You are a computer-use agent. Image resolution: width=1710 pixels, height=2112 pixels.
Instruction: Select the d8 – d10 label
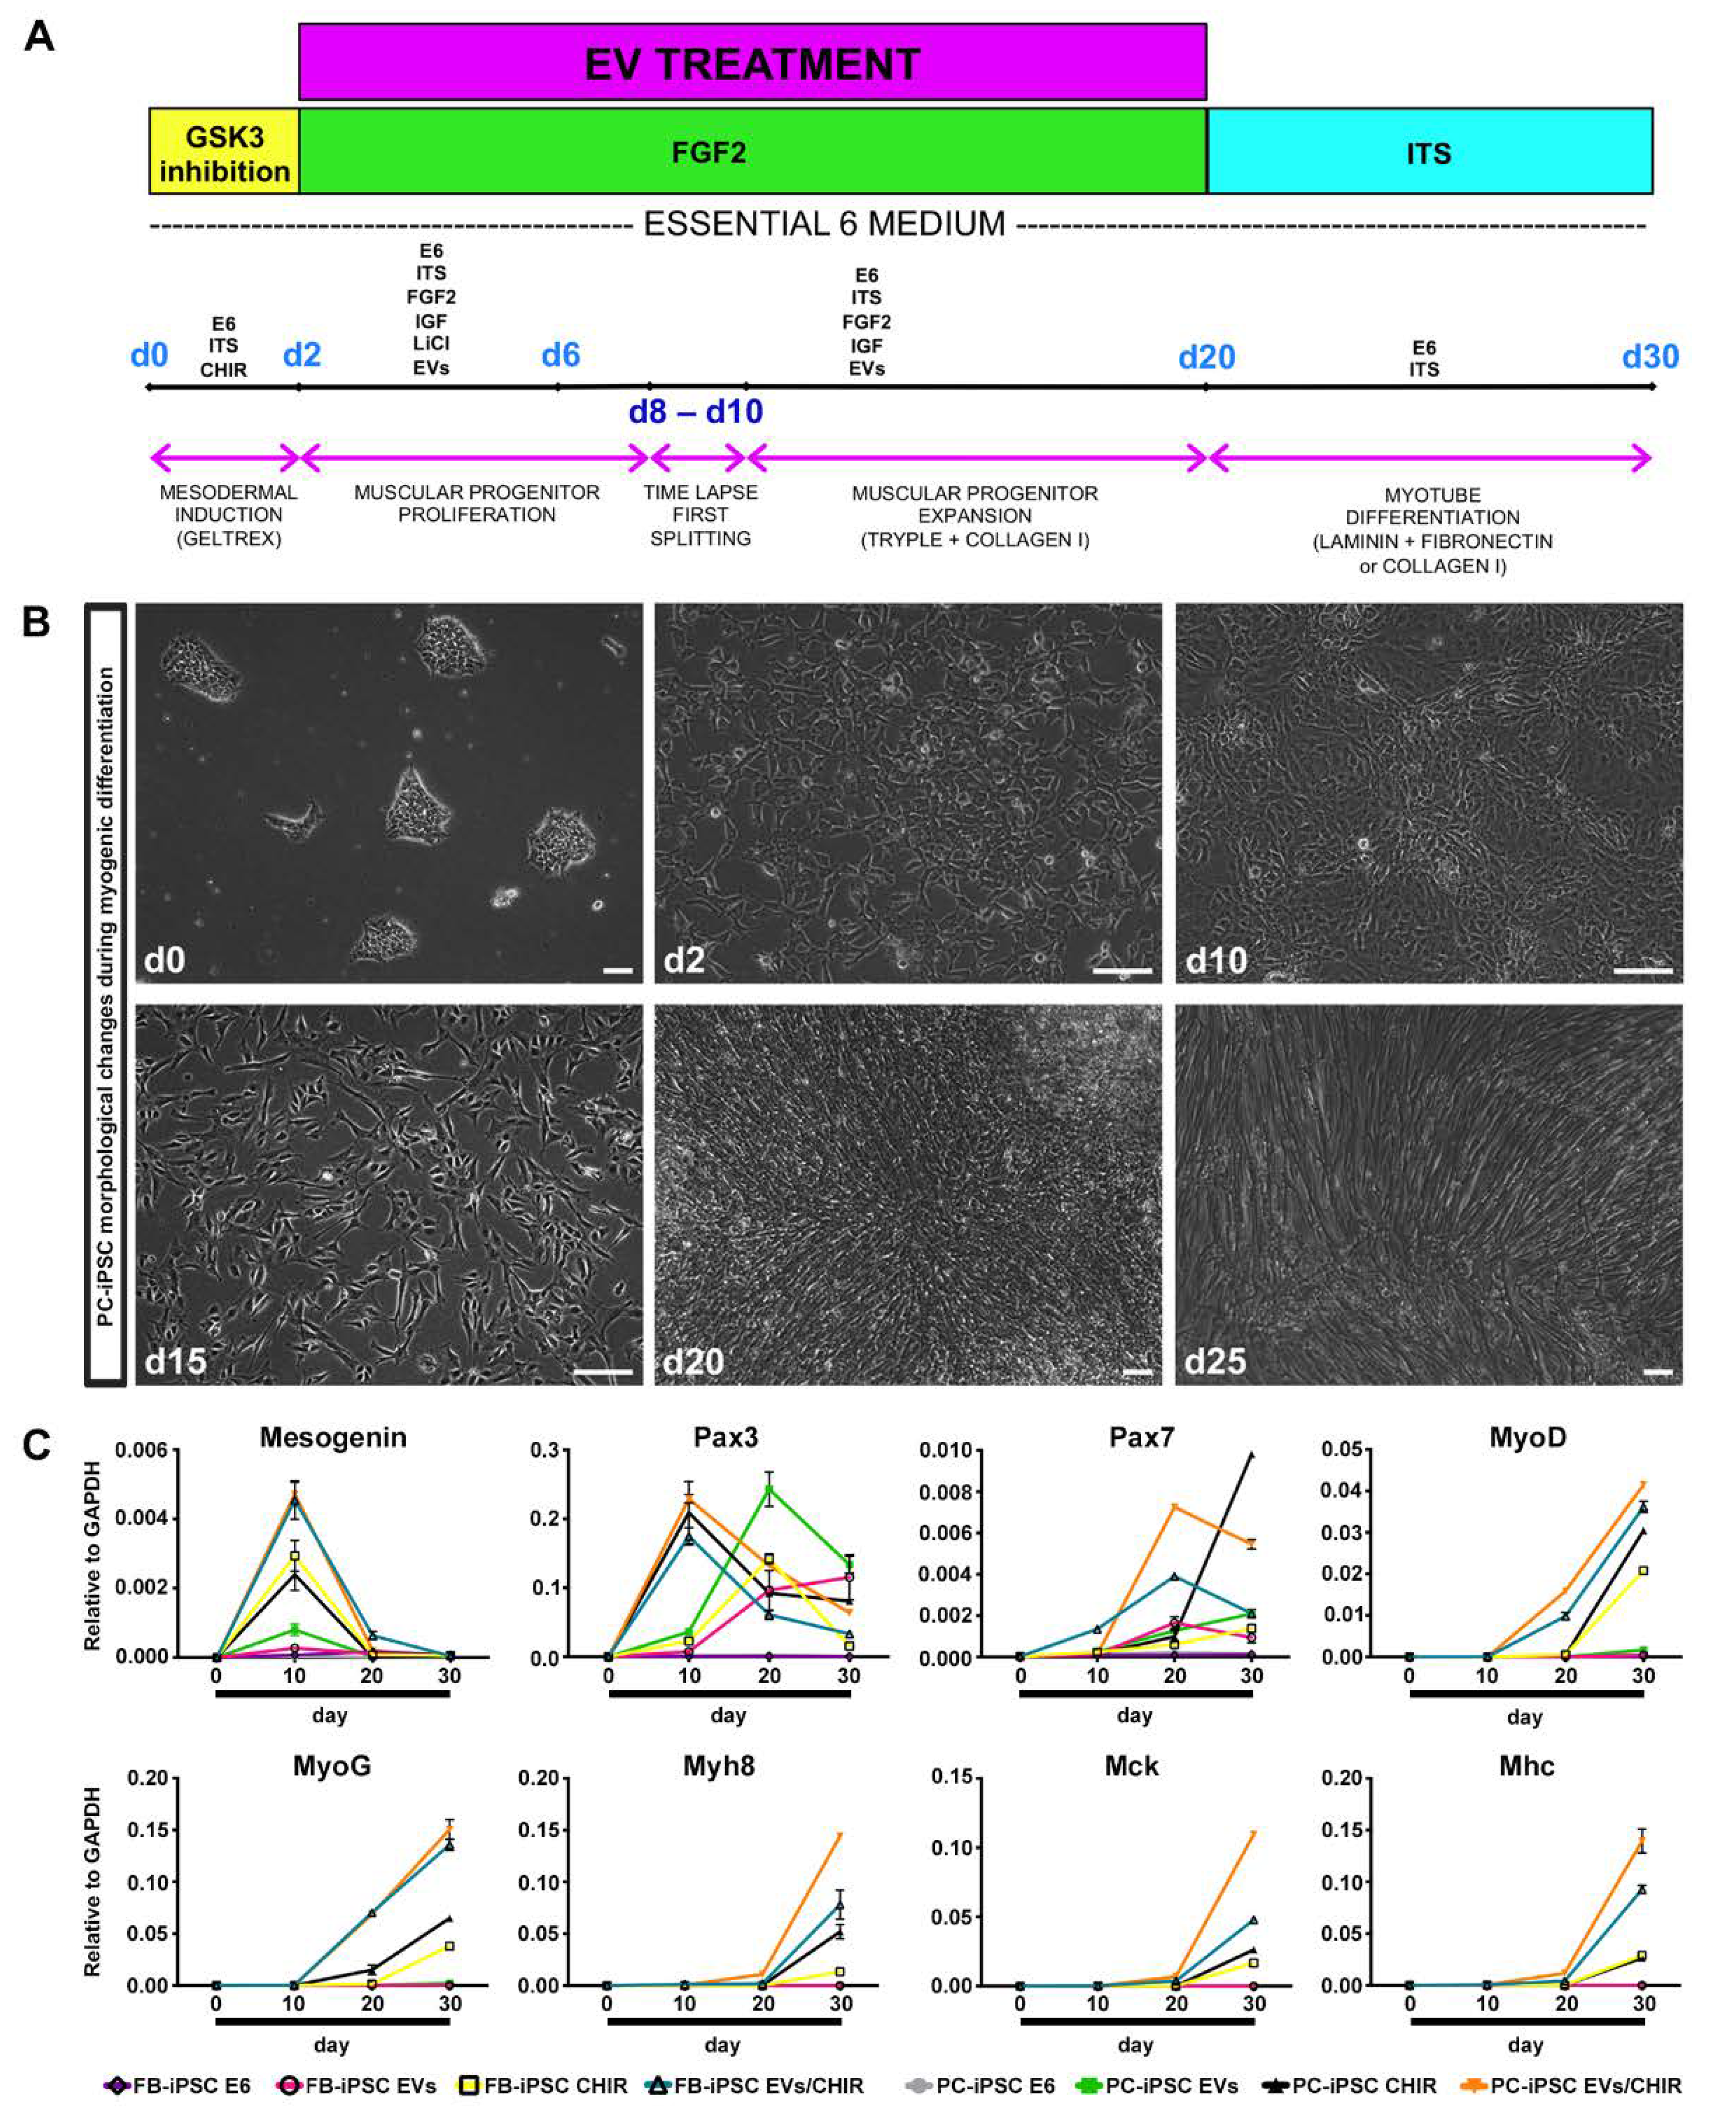(695, 412)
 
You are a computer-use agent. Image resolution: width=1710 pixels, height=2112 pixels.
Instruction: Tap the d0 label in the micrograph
(164, 959)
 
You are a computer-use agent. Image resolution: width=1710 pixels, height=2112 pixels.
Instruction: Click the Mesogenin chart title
(333, 1437)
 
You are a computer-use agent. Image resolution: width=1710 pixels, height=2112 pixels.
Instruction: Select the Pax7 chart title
(1142, 1437)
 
